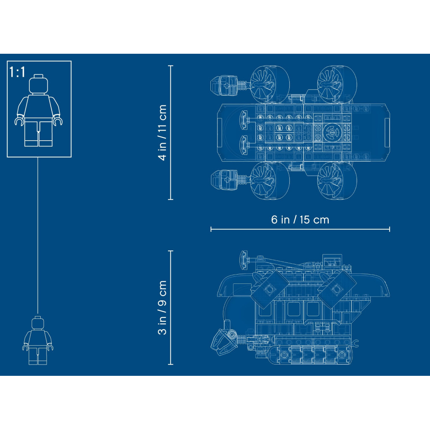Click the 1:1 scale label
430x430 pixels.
tap(17, 72)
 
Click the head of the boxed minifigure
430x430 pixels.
tap(38, 84)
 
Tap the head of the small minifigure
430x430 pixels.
tap(38, 323)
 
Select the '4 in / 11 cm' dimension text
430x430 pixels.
tap(163, 132)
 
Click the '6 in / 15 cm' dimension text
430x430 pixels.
tap(300, 220)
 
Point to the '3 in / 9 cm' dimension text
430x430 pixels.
tap(163, 307)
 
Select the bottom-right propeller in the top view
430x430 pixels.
tap(337, 181)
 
